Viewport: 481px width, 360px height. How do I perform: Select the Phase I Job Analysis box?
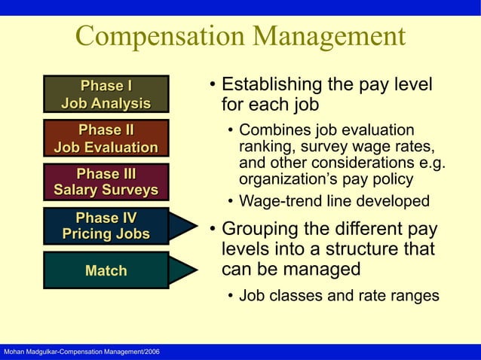(106, 93)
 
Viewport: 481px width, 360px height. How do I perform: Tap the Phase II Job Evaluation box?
(106, 138)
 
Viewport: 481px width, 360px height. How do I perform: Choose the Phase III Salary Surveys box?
(106, 182)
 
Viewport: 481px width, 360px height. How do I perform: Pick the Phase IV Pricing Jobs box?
(106, 225)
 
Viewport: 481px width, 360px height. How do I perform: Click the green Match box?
(106, 270)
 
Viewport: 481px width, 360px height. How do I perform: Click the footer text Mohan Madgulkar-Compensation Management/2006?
(80, 352)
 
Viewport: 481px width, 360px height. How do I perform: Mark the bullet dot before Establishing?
(213, 84)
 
